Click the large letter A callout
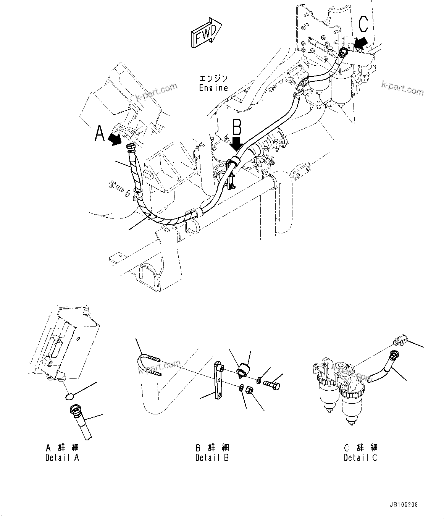click(x=99, y=134)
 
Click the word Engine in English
click(x=213, y=88)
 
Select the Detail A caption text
click(x=62, y=458)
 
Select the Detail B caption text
click(x=212, y=458)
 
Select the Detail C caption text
click(x=360, y=458)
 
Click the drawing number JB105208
click(x=404, y=504)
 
